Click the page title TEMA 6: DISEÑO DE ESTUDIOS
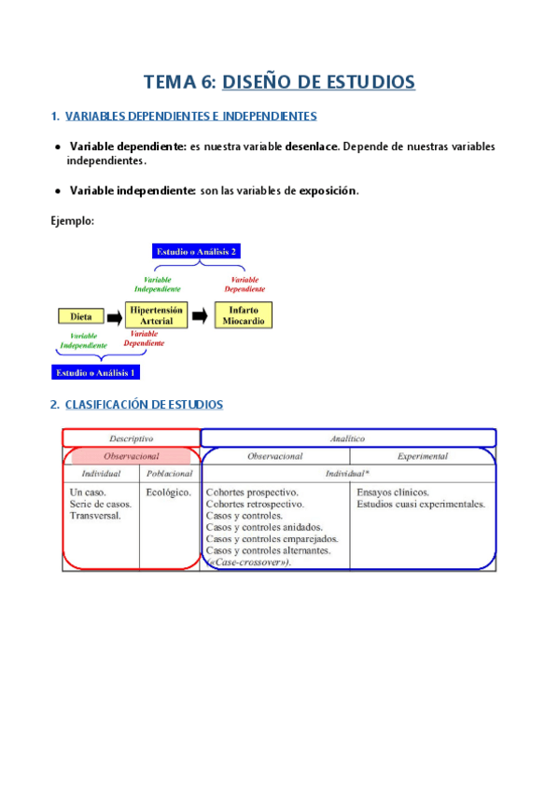click(279, 82)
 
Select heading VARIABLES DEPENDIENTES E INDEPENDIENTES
click(190, 117)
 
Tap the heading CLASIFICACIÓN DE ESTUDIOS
click(144, 405)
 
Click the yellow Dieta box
click(81, 316)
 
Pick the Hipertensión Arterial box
click(156, 314)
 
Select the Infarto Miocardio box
click(244, 314)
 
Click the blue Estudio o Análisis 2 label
click(197, 252)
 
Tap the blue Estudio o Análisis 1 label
click(96, 372)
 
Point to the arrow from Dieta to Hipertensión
click(114, 316)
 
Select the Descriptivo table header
click(131, 437)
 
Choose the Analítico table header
click(347, 437)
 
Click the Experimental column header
click(422, 456)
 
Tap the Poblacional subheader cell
click(169, 474)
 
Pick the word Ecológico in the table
click(169, 492)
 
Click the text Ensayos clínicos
click(393, 492)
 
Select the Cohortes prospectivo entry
click(252, 492)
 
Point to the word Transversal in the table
click(95, 515)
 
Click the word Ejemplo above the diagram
click(72, 220)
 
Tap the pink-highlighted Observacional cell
click(131, 456)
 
